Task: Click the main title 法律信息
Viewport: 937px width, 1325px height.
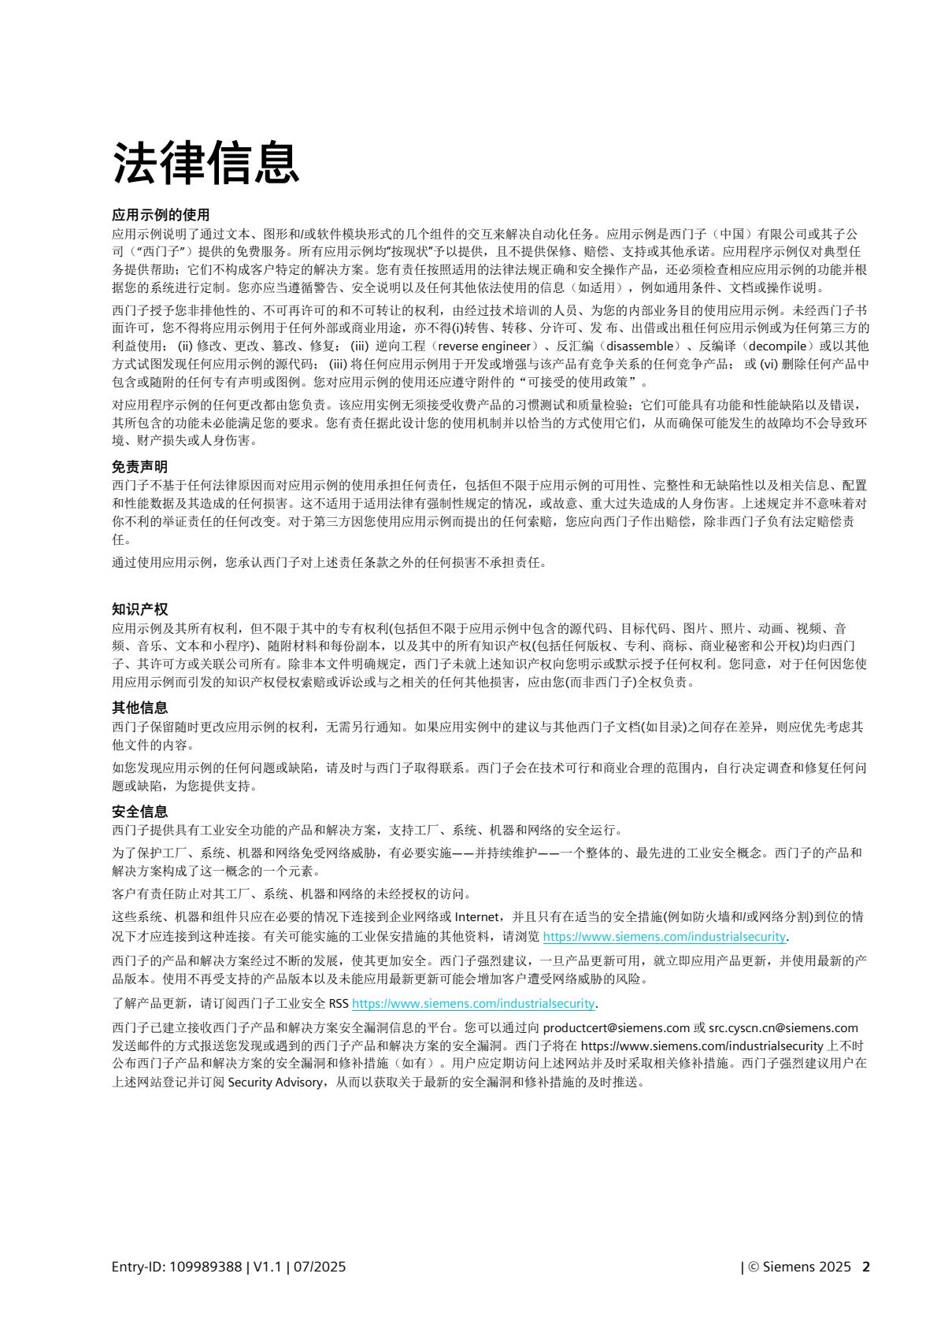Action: pyautogui.click(x=206, y=164)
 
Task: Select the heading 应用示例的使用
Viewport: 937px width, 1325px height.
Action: pyautogui.click(x=161, y=215)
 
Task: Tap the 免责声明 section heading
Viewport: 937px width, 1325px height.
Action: pyautogui.click(x=139, y=467)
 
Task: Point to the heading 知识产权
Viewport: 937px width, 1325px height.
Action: pyautogui.click(x=139, y=609)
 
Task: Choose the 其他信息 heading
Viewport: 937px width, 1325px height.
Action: pyautogui.click(x=139, y=708)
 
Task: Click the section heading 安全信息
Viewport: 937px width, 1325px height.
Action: pyautogui.click(x=139, y=811)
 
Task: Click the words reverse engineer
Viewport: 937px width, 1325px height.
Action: pyautogui.click(x=483, y=346)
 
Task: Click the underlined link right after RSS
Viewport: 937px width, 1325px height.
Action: pyautogui.click(x=472, y=1003)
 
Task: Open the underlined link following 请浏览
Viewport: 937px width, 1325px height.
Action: pyautogui.click(x=665, y=937)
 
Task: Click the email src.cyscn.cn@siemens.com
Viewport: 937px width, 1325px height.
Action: pyautogui.click(x=783, y=1027)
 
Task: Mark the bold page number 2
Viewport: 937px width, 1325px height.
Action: pyautogui.click(x=866, y=1267)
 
